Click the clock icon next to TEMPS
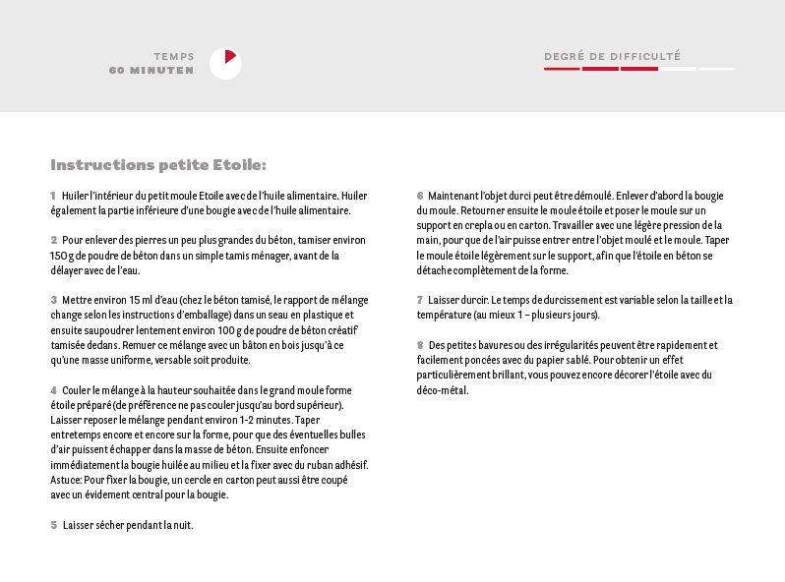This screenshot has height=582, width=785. pos(225,64)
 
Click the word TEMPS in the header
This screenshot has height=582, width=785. pos(174,57)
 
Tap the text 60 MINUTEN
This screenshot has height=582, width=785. pos(151,71)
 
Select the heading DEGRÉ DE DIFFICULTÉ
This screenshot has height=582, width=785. pos(612,57)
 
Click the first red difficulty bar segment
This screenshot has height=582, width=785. pos(562,69)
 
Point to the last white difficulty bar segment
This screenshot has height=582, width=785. pos(716,69)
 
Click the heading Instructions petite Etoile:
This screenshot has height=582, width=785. pos(158,165)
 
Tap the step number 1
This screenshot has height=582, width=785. pos(53,197)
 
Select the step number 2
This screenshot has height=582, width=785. pos(53,240)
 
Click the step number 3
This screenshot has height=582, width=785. pos(53,300)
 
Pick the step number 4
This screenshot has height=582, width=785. pos(53,390)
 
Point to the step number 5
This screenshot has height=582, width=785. pos(54,525)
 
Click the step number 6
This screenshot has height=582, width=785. pos(420,196)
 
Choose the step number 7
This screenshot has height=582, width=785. pos(420,300)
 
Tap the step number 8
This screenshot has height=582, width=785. pos(420,345)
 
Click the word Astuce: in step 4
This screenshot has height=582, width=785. pos(66,480)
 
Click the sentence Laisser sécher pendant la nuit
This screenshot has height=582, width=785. pos(128,525)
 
